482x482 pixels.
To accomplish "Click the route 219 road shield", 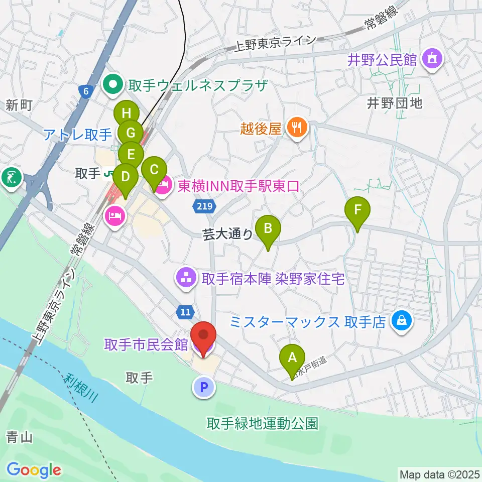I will (205, 206).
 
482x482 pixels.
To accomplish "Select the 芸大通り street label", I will (227, 234).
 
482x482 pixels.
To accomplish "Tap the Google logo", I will (34, 470).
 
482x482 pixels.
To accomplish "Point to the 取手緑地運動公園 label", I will (263, 423).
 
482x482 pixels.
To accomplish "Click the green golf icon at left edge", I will (10, 177).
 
